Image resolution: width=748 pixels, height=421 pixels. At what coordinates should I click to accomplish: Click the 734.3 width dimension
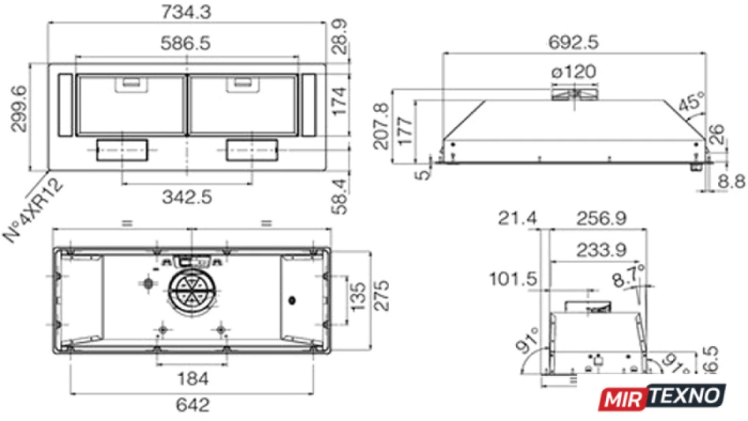coord(186,12)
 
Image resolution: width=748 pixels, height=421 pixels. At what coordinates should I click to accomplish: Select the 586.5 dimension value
coord(185,44)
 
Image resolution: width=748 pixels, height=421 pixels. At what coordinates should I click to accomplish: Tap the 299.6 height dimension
coord(19,109)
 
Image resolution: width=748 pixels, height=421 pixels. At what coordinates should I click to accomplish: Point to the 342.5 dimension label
coord(187,197)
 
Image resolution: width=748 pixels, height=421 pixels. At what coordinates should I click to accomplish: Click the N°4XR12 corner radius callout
coord(33,210)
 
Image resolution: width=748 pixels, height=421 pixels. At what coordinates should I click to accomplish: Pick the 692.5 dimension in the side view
coord(573,42)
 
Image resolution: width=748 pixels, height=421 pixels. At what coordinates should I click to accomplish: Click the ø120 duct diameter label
coord(574,72)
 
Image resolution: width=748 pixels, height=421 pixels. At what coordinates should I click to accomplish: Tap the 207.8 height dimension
coord(381,127)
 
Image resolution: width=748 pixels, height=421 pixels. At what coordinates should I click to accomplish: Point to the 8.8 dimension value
coord(732,182)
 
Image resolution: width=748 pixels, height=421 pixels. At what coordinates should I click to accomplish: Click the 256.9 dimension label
coord(601,218)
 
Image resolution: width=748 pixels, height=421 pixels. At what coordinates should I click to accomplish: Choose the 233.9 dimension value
coord(602,250)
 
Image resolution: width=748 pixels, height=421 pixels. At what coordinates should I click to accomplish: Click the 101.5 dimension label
coord(513,279)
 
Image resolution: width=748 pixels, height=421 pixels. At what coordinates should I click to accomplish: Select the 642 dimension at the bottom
coord(192,405)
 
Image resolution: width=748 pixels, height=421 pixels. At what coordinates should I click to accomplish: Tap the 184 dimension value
coord(192,379)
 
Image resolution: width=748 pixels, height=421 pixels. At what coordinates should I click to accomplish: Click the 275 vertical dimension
coord(381,296)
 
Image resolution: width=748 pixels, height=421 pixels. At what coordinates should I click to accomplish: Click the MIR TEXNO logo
coord(662,397)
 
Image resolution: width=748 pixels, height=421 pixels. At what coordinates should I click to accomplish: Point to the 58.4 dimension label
coord(339,196)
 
